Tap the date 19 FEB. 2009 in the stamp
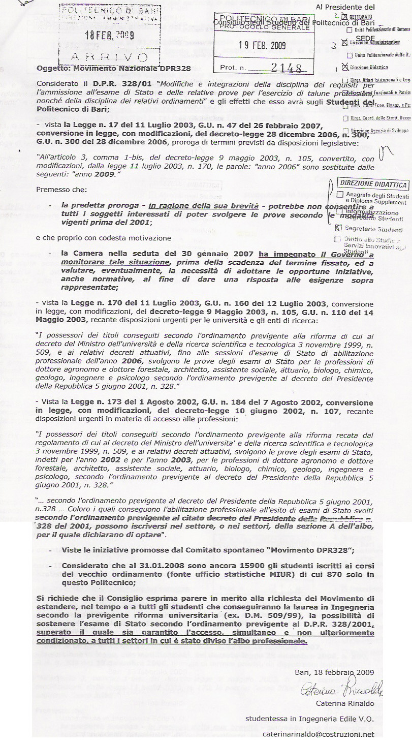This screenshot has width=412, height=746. (x=263, y=45)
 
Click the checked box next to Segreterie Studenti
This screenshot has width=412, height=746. (x=340, y=229)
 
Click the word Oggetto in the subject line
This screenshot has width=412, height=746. (x=52, y=68)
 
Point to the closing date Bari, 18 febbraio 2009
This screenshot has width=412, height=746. (x=334, y=672)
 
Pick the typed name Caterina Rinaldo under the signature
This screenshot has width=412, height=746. (x=345, y=703)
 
